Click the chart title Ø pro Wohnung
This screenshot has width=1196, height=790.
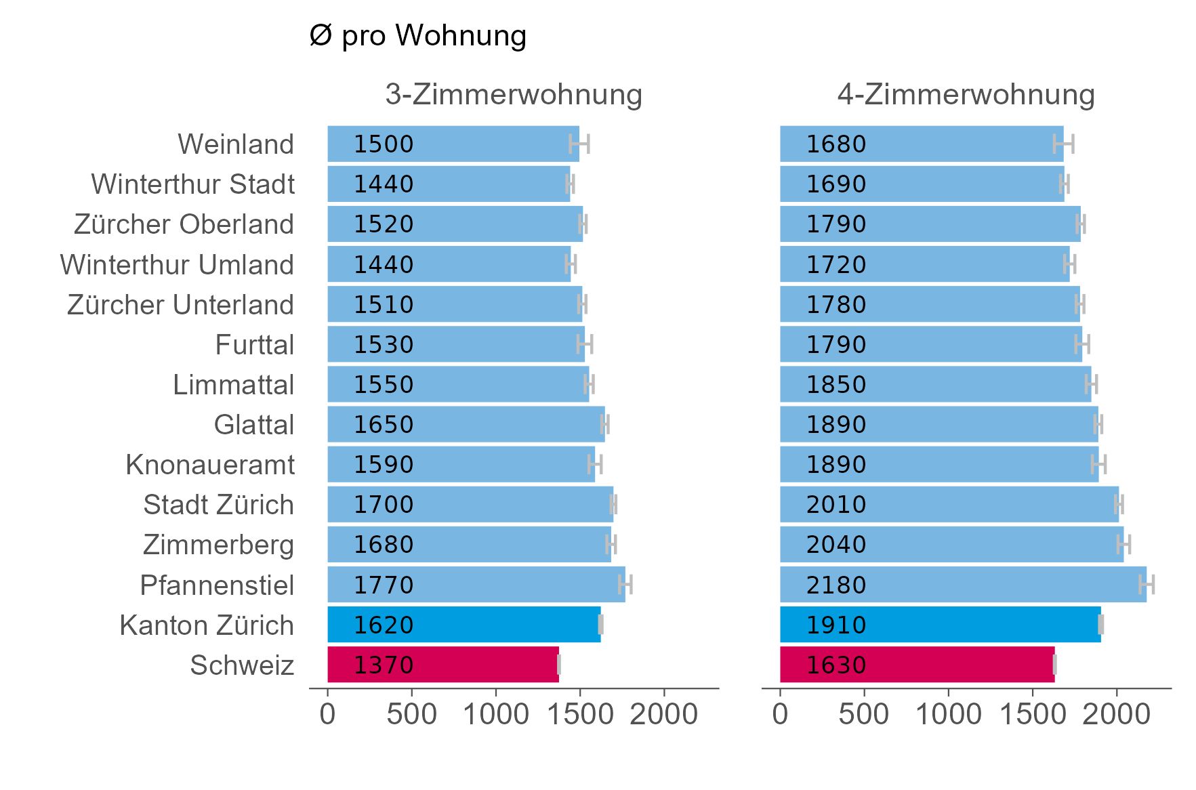click(x=417, y=36)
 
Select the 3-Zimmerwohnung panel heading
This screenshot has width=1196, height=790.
click(x=513, y=94)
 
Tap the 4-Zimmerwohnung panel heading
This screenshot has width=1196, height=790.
click(x=966, y=94)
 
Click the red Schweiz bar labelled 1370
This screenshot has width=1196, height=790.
click(x=443, y=665)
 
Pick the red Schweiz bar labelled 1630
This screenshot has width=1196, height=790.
click(x=917, y=665)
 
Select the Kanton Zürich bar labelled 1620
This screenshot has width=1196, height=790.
click(x=463, y=625)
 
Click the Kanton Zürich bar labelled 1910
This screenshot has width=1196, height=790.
click(x=940, y=625)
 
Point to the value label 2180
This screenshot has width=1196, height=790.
click(x=836, y=585)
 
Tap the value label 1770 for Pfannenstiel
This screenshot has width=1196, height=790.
click(x=384, y=585)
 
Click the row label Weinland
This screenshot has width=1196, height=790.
click(x=236, y=144)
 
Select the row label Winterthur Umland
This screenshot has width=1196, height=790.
click(x=177, y=265)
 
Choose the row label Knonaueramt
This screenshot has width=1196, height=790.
click(x=210, y=465)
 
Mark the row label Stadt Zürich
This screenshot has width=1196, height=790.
click(x=218, y=505)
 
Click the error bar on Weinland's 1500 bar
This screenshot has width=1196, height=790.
click(x=579, y=144)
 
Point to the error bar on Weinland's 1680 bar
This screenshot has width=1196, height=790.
click(x=1063, y=144)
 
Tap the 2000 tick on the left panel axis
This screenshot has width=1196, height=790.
click(x=663, y=714)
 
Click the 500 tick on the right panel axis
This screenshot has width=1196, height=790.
click(x=864, y=714)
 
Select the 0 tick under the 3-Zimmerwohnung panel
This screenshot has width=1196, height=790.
click(x=328, y=714)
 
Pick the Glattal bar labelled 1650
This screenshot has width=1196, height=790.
click(x=466, y=424)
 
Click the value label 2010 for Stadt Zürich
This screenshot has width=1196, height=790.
click(x=836, y=505)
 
